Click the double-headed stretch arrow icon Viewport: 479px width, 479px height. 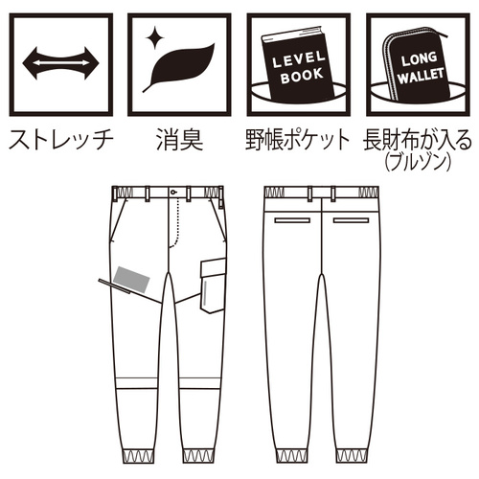point(60,63)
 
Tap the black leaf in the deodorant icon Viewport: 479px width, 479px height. point(179,65)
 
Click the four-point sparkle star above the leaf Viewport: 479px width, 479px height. point(155,37)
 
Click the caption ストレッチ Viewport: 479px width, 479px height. point(60,140)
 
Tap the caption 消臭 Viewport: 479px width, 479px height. point(179,140)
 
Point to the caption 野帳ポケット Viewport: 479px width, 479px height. point(298,140)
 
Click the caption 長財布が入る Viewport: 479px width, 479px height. point(417,140)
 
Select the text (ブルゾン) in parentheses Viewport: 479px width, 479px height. point(418,163)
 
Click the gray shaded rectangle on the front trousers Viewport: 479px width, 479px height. point(132,280)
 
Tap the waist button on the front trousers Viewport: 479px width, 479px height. point(173,193)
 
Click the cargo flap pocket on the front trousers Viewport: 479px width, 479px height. point(213,285)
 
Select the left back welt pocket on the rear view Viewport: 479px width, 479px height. point(292,220)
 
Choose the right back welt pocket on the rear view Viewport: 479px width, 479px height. point(351,220)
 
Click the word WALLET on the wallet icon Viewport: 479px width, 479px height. point(422,76)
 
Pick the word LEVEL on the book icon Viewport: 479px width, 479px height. point(299,59)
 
